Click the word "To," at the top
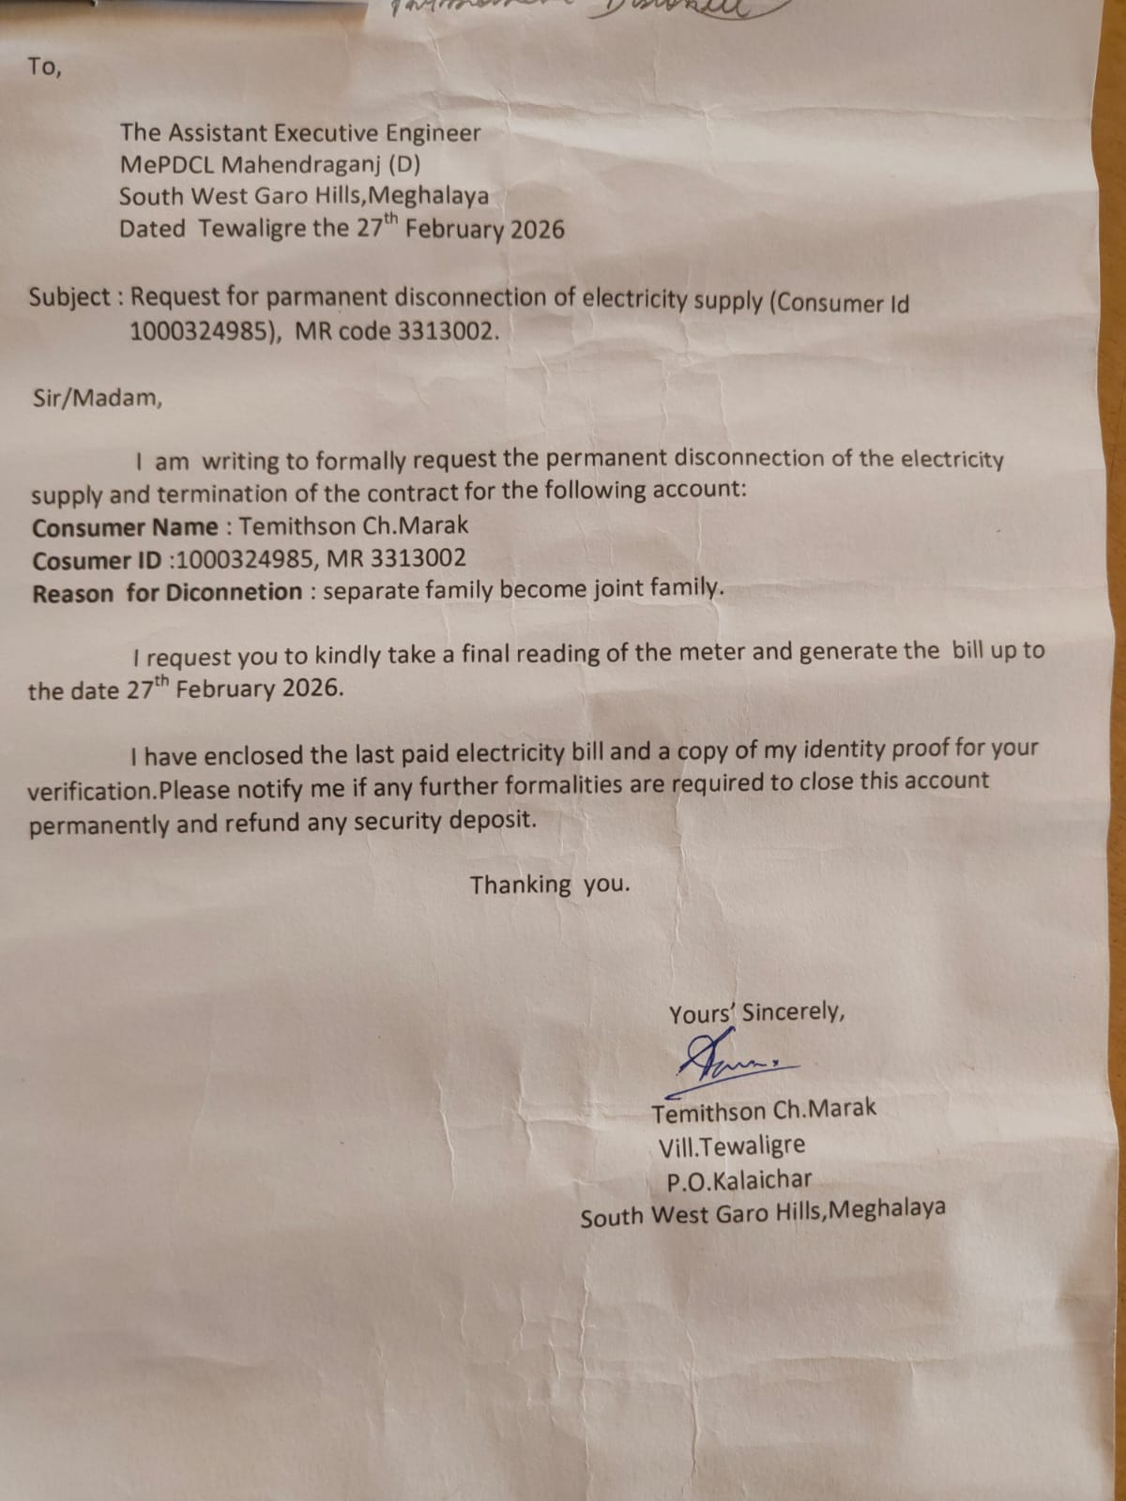tap(44, 68)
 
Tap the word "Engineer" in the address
tap(430, 133)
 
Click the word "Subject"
tap(69, 297)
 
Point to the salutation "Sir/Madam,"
tap(98, 398)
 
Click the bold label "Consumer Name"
tap(125, 527)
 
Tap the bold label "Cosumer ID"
tap(97, 561)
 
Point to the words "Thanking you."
tap(550, 885)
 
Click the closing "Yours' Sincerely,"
tap(756, 1013)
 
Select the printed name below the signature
tap(764, 1111)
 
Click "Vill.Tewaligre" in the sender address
tap(731, 1146)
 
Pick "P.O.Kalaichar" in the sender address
tap(738, 1180)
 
